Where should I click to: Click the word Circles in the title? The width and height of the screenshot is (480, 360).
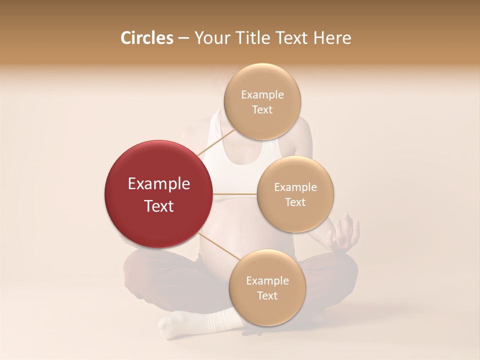[x=147, y=38]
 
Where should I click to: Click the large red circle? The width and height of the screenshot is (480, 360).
[x=158, y=194]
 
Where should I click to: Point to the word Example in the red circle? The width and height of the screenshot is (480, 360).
[x=159, y=184]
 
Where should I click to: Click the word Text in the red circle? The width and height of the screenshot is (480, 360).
[x=159, y=206]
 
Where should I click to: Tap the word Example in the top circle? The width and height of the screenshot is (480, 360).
[x=262, y=95]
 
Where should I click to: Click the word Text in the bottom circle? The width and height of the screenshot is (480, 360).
[x=267, y=295]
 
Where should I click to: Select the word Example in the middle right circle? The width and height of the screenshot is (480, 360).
[x=295, y=187]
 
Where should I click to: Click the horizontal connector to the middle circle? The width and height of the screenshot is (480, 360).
[x=234, y=194]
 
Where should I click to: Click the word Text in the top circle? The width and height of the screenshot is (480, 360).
[x=262, y=110]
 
